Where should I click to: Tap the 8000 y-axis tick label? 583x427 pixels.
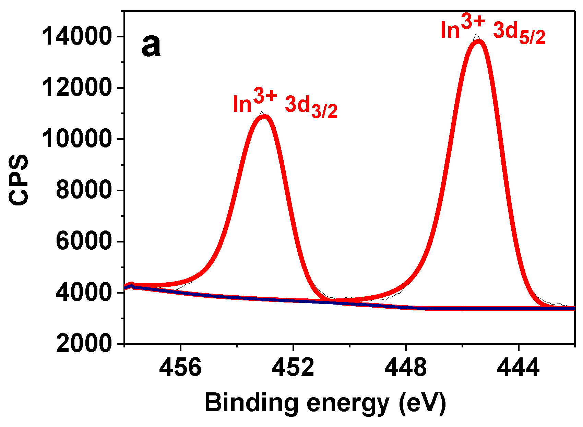(84, 190)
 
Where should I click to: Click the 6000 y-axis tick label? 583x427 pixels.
(84, 241)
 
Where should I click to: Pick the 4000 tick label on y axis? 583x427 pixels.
(84, 292)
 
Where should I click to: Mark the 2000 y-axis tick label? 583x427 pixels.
(84, 343)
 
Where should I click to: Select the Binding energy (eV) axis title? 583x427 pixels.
(325, 403)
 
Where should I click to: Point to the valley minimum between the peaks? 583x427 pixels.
(340, 300)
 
